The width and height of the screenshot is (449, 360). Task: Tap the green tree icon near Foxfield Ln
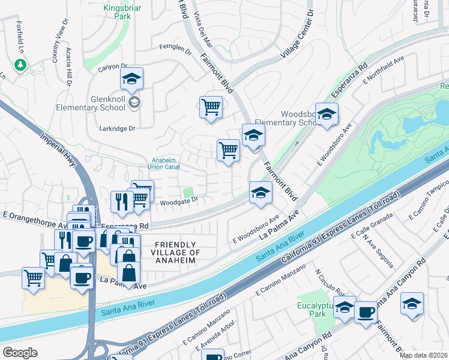(21, 64)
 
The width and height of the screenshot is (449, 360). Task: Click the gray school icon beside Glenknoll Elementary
(135, 103)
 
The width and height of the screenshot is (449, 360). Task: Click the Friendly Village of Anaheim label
(175, 251)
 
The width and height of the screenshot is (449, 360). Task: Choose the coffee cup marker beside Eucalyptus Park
(365, 312)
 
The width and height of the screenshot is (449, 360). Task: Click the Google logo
(20, 352)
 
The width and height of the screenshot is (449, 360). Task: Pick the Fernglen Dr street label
(175, 49)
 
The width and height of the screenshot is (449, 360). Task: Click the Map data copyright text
(423, 355)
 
